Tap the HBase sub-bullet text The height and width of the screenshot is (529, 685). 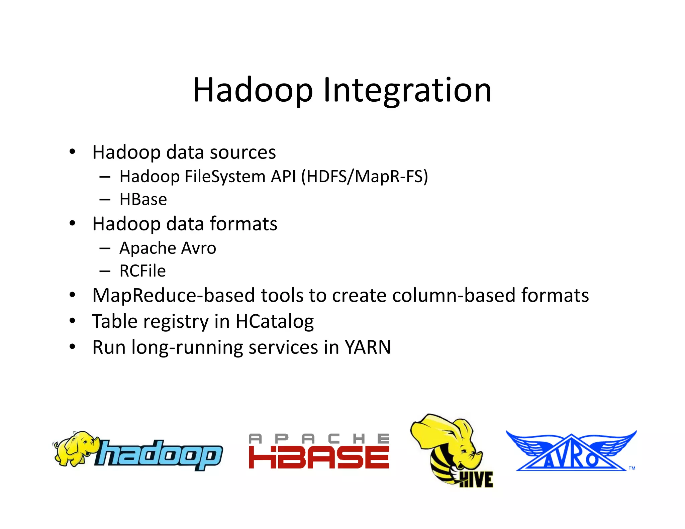[x=143, y=200]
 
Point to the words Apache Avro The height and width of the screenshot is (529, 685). [x=168, y=248]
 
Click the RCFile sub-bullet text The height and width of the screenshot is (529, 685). [x=142, y=271]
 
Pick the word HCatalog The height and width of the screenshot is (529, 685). [x=275, y=321]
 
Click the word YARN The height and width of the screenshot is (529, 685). [x=368, y=347]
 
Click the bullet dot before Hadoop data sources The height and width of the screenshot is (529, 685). [x=72, y=152]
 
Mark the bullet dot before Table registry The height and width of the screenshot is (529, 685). [x=72, y=321]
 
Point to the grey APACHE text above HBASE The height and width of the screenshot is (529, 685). [x=319, y=438]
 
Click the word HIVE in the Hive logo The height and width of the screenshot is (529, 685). [x=476, y=480]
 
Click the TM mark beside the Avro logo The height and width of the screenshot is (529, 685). [x=632, y=468]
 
